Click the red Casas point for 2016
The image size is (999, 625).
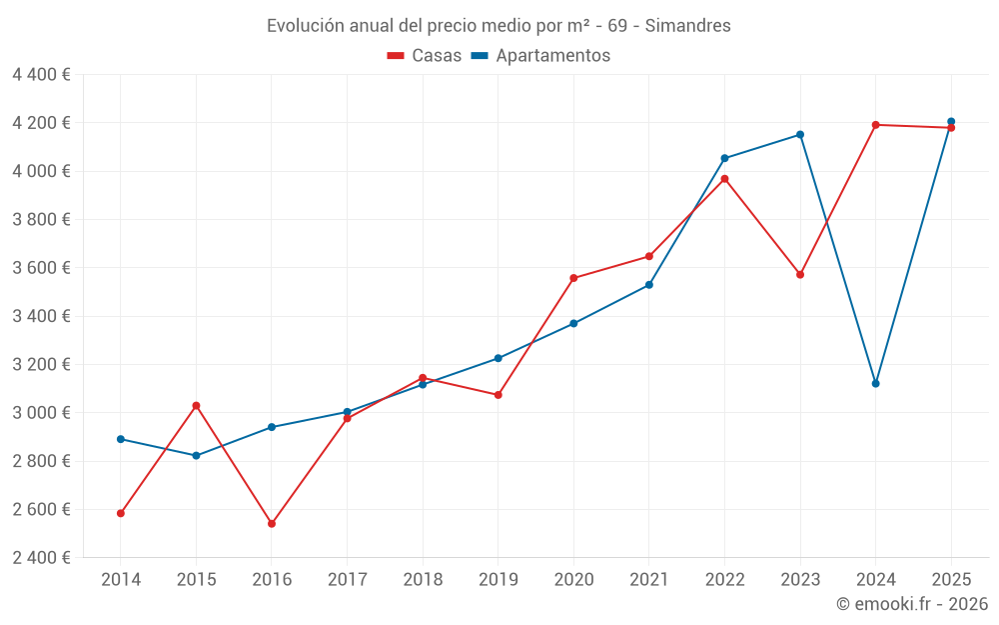272,523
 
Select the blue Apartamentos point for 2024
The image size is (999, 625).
876,383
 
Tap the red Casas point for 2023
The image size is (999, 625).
800,274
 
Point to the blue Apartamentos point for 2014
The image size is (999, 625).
121,439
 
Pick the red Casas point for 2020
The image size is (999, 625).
573,278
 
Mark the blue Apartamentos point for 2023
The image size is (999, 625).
800,134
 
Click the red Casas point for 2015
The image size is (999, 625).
196,405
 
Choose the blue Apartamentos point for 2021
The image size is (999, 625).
649,285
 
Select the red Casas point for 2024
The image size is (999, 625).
876,125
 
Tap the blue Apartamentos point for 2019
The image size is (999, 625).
499,358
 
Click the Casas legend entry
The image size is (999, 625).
425,56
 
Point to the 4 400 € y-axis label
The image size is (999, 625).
42,74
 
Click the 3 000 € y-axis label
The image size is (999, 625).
42,413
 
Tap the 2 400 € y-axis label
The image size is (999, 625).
42,558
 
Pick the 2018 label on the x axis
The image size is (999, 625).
423,579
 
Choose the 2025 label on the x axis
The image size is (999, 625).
951,579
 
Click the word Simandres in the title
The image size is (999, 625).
687,26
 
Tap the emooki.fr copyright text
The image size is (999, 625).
912,604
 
